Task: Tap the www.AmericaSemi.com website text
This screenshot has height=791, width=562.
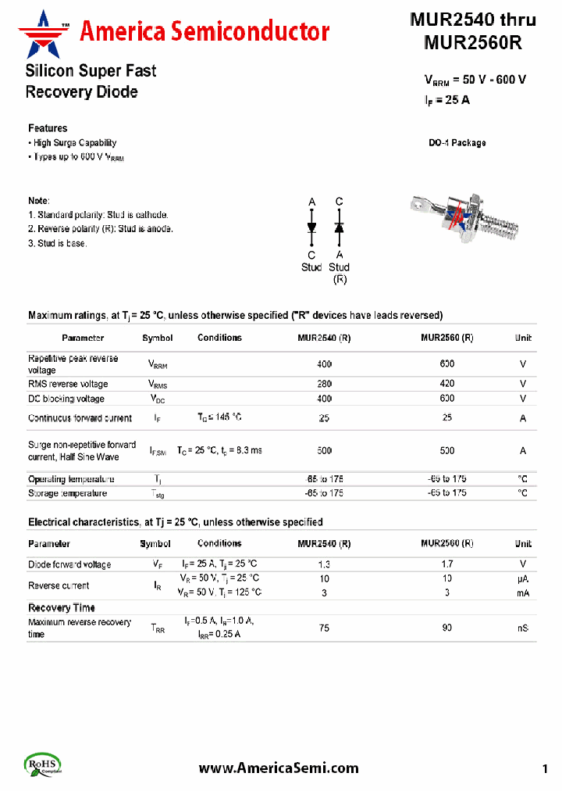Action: click(x=279, y=768)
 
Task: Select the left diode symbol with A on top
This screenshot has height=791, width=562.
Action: click(x=311, y=227)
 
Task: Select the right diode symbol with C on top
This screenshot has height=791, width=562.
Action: click(x=339, y=227)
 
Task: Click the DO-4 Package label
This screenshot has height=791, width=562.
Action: click(x=457, y=143)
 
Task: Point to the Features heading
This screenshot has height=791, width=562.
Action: click(x=48, y=128)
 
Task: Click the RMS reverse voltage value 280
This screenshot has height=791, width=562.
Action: click(x=324, y=384)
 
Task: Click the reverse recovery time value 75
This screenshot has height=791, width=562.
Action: click(x=324, y=628)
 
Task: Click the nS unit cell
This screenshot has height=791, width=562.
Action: click(x=522, y=628)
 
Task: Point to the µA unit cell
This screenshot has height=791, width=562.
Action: click(x=522, y=578)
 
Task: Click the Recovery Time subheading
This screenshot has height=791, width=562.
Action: click(x=62, y=607)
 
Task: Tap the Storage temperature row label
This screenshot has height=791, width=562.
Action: click(x=67, y=493)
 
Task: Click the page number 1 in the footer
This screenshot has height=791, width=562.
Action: click(x=545, y=768)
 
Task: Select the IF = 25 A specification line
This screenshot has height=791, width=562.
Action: click(x=446, y=100)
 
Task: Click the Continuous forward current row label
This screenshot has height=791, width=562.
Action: click(x=80, y=418)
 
